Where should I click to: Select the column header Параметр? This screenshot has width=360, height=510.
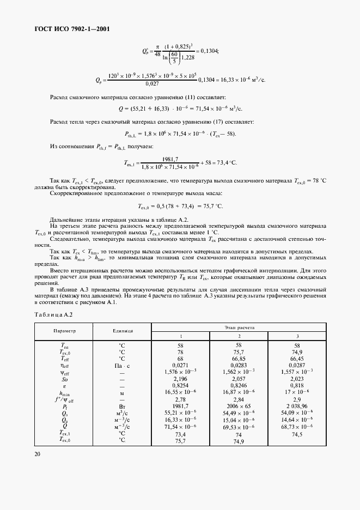pyautogui.click(x=64, y=331)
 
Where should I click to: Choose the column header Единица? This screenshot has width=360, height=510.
pyautogui.click(x=123, y=331)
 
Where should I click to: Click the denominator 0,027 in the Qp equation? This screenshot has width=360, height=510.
pyautogui.click(x=152, y=84)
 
